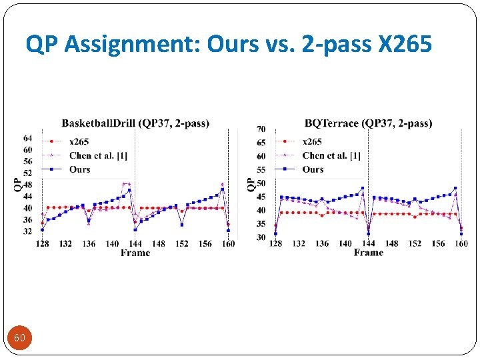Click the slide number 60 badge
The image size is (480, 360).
(x=20, y=338)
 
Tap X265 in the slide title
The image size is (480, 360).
(x=405, y=45)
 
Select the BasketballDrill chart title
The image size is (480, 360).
(x=135, y=123)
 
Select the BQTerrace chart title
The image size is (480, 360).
(x=369, y=123)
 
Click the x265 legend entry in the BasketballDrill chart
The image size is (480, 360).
(x=79, y=141)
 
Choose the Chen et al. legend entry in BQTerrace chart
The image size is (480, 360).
(x=331, y=155)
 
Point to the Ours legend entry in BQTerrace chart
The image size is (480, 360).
(x=313, y=169)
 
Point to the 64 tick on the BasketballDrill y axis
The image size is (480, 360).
(x=28, y=139)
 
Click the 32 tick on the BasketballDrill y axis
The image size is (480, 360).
(x=28, y=231)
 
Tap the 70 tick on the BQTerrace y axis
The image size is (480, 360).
(x=261, y=129)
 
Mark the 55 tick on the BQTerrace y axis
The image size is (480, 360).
(x=261, y=170)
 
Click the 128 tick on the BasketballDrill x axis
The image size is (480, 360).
(x=43, y=244)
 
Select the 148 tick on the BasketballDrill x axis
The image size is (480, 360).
(x=159, y=244)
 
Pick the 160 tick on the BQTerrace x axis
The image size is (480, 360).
(x=461, y=244)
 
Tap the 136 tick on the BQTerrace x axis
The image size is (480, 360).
(x=322, y=244)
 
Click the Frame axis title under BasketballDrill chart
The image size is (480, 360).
(x=135, y=253)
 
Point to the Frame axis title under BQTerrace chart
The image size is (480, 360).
(x=369, y=253)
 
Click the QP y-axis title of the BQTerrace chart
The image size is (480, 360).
(x=251, y=184)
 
